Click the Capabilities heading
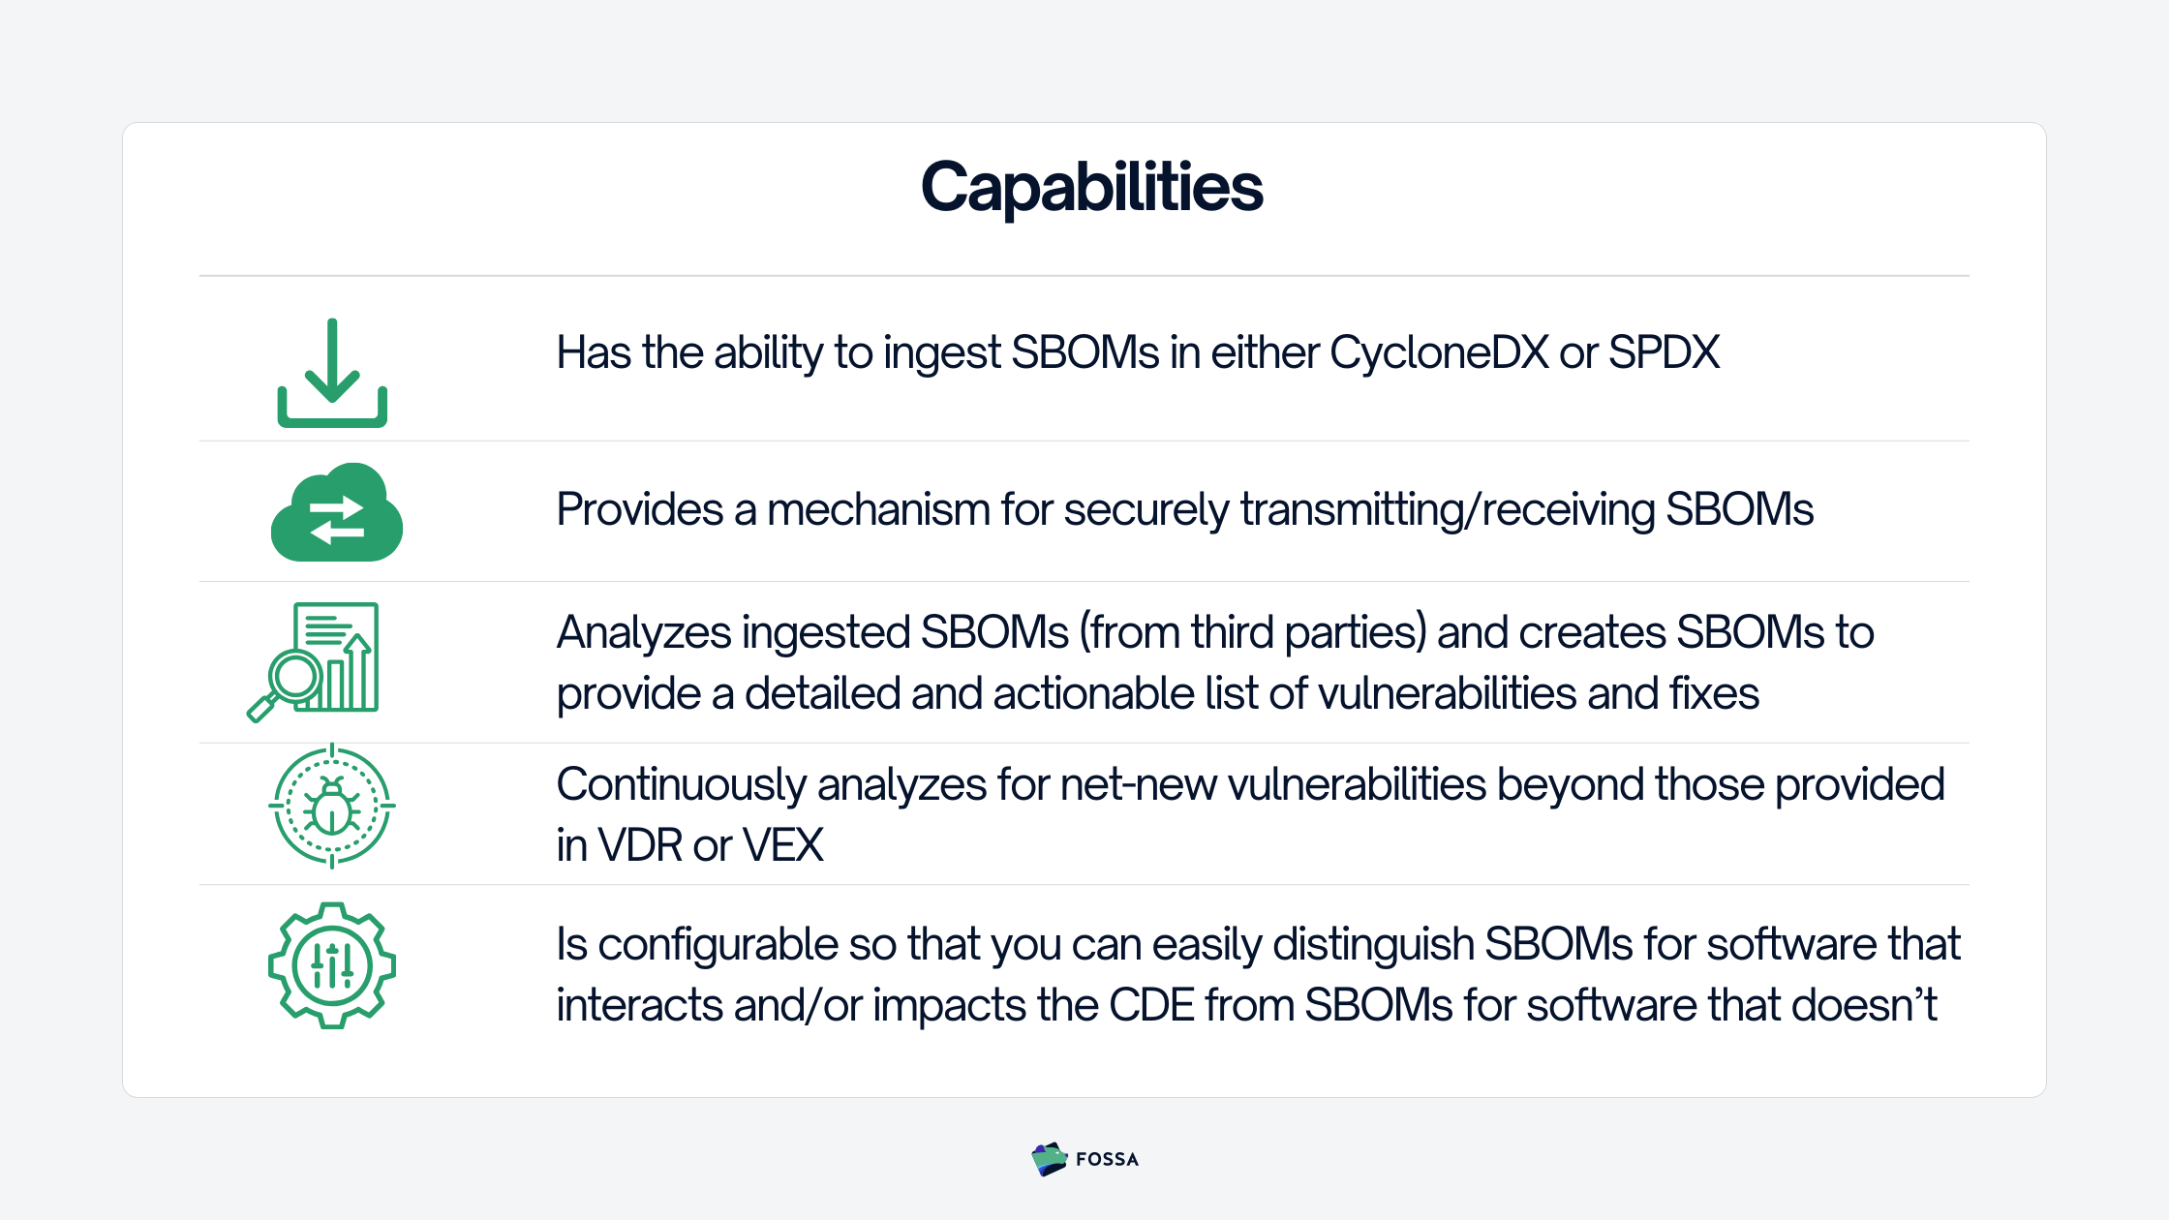tap(1091, 186)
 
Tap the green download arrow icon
tap(332, 373)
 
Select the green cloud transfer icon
tap(336, 513)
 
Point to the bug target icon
tap(332, 806)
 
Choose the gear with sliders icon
tap(332, 965)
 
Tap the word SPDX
tap(1664, 352)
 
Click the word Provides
tap(640, 509)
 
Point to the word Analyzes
tap(644, 633)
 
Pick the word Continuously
tap(681, 785)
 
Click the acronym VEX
tap(782, 845)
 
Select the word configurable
tap(718, 945)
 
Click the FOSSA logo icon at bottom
tap(1049, 1159)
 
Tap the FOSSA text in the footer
tap(1107, 1160)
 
